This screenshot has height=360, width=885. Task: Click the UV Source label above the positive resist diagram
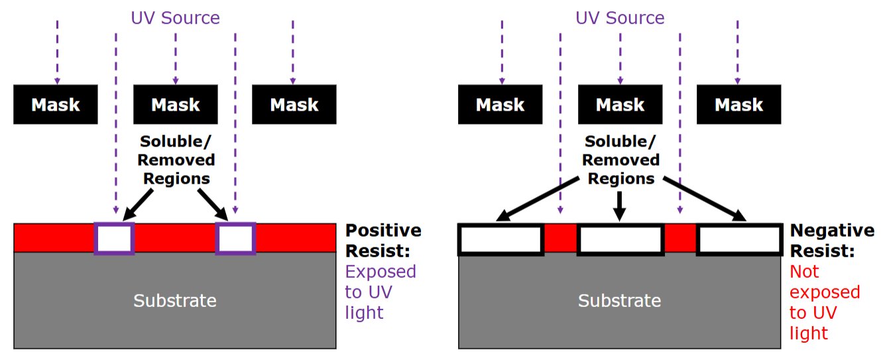175,18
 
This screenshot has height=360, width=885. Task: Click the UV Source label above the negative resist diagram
620,18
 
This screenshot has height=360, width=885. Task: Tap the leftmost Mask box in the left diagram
56,105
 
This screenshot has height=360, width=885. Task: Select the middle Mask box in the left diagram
176,105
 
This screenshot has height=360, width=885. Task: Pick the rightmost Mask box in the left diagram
294,105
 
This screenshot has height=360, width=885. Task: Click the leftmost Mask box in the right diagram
501,105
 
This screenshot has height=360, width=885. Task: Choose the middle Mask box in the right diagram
620,105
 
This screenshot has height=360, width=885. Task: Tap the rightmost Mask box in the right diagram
739,105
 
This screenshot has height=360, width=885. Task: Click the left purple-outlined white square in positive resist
115,239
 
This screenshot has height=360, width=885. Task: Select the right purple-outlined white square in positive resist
235,239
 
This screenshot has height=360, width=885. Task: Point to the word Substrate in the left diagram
175,300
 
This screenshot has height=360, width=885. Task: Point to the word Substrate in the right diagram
620,300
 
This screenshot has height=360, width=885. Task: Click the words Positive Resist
383,241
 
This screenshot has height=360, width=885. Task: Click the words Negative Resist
832,241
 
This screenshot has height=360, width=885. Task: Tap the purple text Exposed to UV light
381,292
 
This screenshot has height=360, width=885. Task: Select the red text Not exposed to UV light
825,302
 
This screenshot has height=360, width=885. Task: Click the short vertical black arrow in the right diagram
619,206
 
